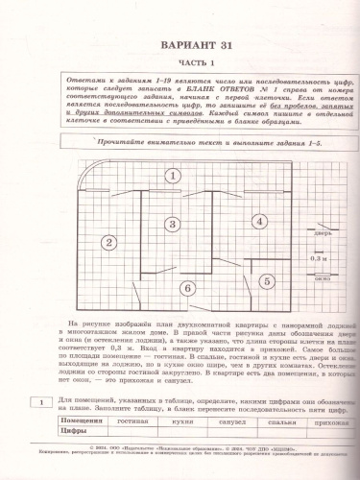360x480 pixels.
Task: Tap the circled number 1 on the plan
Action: (171, 175)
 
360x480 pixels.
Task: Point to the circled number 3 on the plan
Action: (172, 224)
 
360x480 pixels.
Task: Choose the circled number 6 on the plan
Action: (189, 286)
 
